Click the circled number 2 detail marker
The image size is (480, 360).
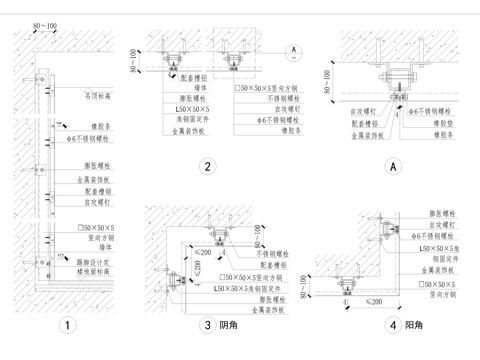pyautogui.click(x=206, y=167)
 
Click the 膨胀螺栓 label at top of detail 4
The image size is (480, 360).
pyautogui.click(x=431, y=213)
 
